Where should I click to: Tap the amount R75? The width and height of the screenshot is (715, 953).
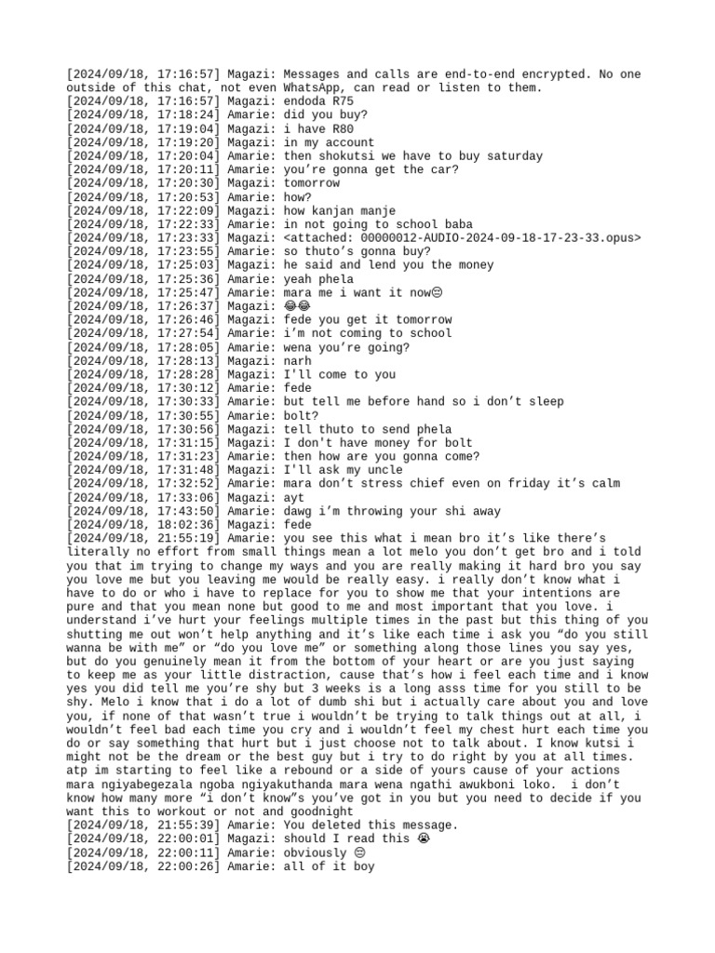coord(340,101)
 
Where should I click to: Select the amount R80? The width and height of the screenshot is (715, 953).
coord(340,128)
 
